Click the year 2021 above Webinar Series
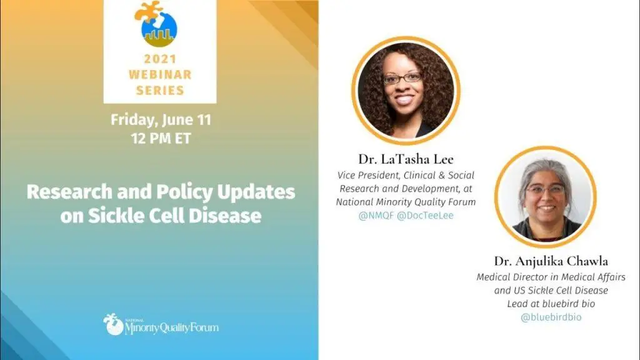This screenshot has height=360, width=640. click(x=160, y=59)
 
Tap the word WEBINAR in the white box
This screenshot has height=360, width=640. click(x=160, y=75)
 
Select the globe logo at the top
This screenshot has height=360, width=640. click(x=156, y=24)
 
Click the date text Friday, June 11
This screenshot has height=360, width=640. click(x=161, y=120)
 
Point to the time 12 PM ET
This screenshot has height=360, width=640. click(x=161, y=139)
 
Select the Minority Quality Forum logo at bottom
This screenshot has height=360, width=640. click(x=161, y=325)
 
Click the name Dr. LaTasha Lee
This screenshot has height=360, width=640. click(x=406, y=159)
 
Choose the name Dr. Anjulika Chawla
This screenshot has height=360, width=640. click(x=551, y=261)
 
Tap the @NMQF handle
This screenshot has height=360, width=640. click(x=376, y=216)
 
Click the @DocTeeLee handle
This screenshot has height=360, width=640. click(x=425, y=216)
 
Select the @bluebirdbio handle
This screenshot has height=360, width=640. click(x=551, y=317)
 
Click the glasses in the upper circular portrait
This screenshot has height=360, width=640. click(x=402, y=78)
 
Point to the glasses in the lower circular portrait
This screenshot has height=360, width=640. click(x=546, y=189)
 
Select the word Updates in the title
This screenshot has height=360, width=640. click(x=256, y=192)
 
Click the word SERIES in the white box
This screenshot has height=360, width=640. click(x=160, y=90)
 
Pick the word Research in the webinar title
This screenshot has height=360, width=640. click(x=69, y=192)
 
